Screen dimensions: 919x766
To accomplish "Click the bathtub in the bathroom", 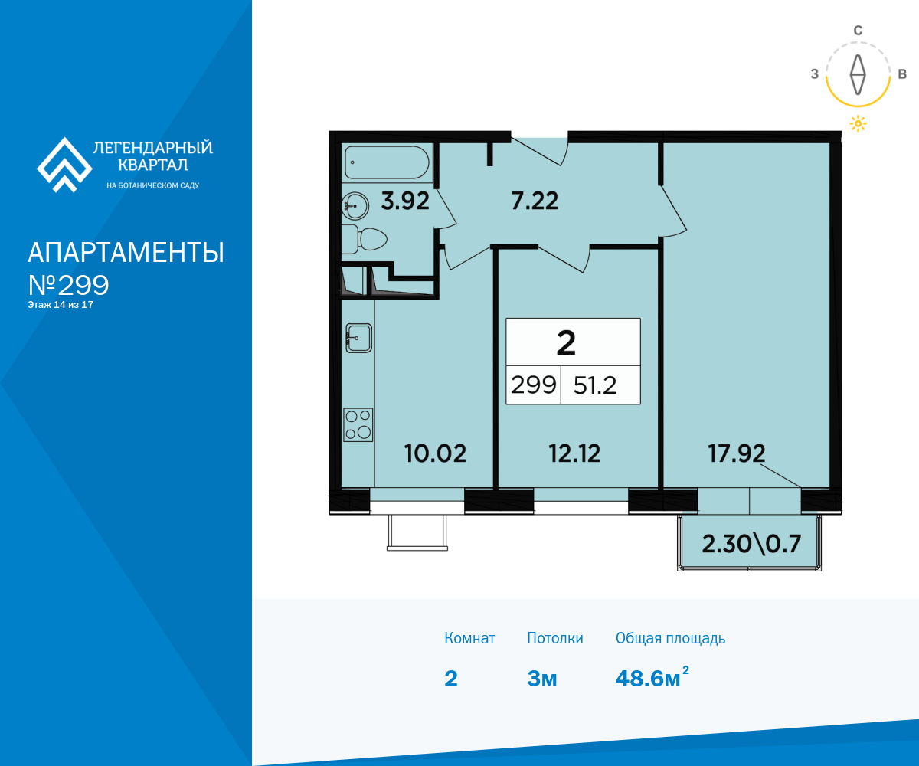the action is (387, 162).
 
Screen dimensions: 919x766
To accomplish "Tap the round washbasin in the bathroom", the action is (355, 205).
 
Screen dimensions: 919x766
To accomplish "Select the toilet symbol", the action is (365, 239).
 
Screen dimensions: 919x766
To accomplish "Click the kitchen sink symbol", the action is (358, 338).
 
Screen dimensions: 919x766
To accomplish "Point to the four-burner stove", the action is (358, 425).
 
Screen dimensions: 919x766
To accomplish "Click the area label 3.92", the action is (405, 201).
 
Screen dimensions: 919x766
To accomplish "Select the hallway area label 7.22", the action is (535, 201).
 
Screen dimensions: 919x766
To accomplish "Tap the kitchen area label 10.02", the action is (435, 453).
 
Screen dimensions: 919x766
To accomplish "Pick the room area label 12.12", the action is (574, 453).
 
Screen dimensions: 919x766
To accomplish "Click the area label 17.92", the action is (736, 453).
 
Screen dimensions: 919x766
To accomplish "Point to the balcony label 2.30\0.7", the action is (751, 544).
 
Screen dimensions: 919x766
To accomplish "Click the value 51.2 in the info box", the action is (595, 385).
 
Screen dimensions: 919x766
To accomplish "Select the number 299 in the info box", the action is (534, 385).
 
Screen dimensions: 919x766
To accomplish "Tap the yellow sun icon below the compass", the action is (858, 123).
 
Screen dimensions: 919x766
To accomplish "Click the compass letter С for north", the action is (858, 31).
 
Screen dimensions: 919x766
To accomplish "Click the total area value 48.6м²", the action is (652, 677).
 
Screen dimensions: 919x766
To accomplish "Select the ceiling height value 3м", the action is (542, 679).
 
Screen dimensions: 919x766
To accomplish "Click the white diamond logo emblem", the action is (64, 165).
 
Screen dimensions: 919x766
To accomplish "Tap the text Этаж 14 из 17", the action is (61, 305).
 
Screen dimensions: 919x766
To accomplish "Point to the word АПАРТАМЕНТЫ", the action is (126, 253).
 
